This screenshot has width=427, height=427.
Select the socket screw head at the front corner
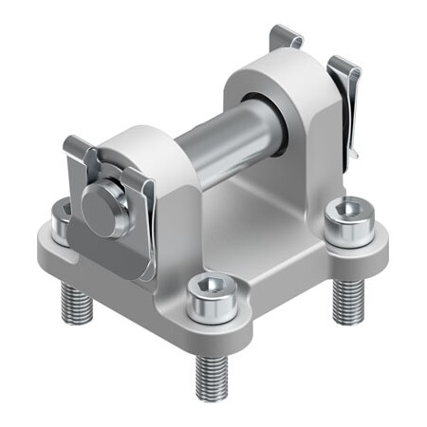[207, 297]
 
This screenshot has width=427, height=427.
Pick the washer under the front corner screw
[207, 314]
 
